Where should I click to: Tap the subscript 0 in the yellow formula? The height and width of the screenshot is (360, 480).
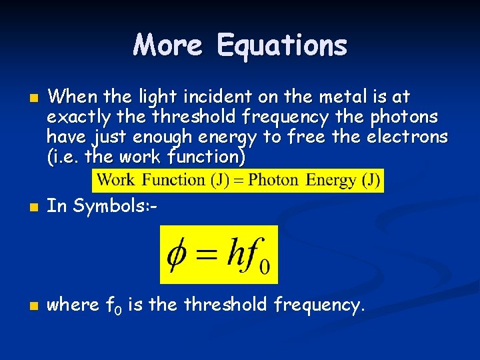265,267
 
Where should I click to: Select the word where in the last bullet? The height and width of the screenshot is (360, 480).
74,305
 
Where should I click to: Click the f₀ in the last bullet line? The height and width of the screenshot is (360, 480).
112,306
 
